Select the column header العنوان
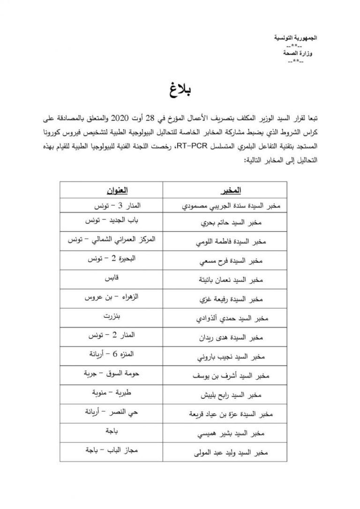point(111,191)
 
